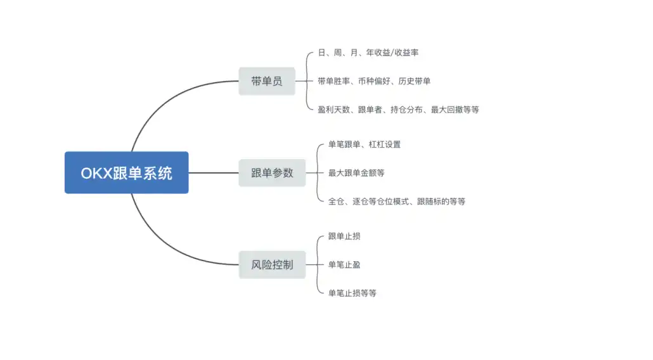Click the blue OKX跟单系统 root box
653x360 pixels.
point(126,172)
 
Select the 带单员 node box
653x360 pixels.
point(267,81)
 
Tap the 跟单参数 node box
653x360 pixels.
point(272,172)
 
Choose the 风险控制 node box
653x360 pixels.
point(272,264)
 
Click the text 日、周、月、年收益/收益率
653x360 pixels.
point(368,53)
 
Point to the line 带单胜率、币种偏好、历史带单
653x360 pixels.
point(374,81)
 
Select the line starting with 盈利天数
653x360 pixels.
point(398,110)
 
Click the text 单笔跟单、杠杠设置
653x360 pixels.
point(364,145)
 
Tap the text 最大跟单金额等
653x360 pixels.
point(356,172)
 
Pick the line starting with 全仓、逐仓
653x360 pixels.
point(396,202)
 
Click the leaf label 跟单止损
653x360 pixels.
point(344,236)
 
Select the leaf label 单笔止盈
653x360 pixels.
point(344,264)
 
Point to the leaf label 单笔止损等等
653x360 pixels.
point(352,293)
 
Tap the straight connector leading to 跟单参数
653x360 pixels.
point(213,172)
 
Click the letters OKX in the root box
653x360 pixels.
point(96,173)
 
